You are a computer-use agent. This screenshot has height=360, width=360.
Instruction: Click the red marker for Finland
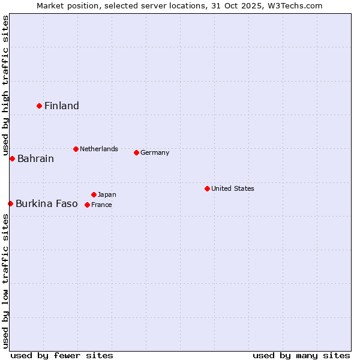[39, 106]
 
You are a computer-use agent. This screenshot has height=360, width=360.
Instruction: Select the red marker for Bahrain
[12, 158]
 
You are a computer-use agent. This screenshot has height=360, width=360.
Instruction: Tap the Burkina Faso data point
[10, 203]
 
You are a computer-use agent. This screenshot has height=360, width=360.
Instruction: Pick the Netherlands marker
[76, 149]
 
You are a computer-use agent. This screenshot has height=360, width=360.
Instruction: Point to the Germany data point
[136, 152]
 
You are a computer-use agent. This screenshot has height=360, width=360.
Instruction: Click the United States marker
[207, 188]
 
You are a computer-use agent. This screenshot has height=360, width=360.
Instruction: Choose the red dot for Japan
[94, 194]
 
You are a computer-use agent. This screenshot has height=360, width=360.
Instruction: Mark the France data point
[87, 205]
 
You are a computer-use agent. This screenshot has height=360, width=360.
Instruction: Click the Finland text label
[62, 106]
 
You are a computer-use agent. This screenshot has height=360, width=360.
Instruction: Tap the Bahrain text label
[35, 159]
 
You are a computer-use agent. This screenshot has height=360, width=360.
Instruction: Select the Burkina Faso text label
[47, 204]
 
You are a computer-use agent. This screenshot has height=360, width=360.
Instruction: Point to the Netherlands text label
[99, 149]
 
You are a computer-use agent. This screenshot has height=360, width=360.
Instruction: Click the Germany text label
[155, 152]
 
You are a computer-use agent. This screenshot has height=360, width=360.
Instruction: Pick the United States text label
[233, 188]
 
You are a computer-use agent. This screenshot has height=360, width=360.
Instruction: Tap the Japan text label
[107, 194]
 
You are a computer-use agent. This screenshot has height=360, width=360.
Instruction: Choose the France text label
[101, 205]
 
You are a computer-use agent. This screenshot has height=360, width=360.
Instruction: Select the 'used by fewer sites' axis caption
[62, 355]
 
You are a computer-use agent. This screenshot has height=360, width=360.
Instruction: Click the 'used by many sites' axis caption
[301, 355]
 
